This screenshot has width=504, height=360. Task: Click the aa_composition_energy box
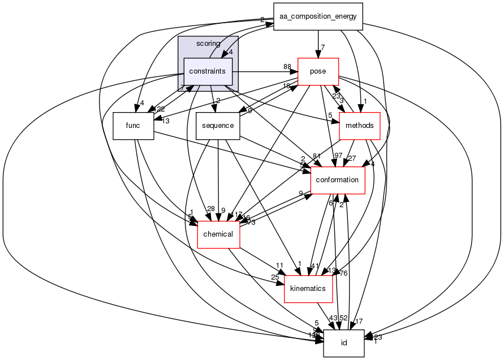(x=318, y=16)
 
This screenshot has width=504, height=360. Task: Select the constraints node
(x=208, y=71)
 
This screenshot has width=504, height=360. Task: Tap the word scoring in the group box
(x=208, y=44)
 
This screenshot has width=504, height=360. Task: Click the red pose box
(x=317, y=71)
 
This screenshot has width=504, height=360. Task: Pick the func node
(x=133, y=126)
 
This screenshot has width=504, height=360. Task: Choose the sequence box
(x=218, y=126)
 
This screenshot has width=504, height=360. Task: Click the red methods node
(x=359, y=126)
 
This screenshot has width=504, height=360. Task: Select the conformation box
(x=338, y=180)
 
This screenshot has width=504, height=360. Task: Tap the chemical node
(x=218, y=234)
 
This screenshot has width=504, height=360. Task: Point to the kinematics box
(x=307, y=289)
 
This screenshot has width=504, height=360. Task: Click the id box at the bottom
(x=343, y=344)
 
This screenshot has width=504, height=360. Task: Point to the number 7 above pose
(x=322, y=47)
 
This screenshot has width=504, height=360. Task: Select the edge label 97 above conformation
(x=338, y=156)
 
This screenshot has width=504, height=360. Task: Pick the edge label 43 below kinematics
(x=333, y=318)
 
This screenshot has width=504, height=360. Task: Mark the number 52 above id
(x=343, y=318)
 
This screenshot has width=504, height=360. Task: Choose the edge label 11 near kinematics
(x=279, y=265)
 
